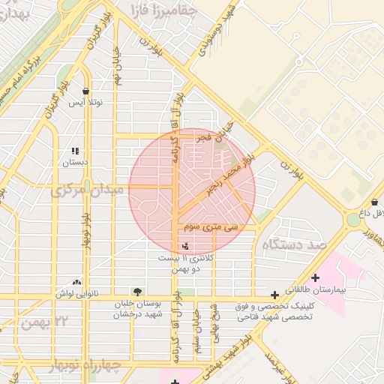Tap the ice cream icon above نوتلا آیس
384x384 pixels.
[x=86, y=91]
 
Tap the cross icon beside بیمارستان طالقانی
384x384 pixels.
[x=315, y=277]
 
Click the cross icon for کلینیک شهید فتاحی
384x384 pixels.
[x=274, y=295]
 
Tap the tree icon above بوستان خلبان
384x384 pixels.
[x=136, y=291]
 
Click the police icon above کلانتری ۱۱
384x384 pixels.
[x=185, y=246]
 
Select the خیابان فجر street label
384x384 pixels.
[x=211, y=139]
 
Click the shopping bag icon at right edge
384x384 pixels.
[x=374, y=202]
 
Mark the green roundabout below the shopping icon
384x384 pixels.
[x=352, y=220]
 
